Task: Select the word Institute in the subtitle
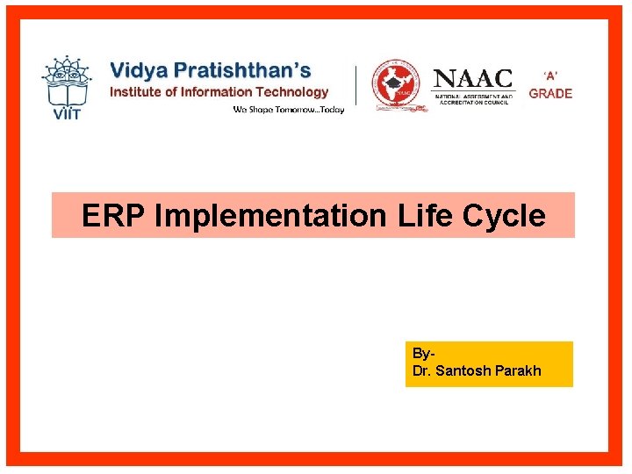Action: point(136,91)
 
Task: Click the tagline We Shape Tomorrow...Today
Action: point(288,110)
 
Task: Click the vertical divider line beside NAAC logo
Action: point(355,88)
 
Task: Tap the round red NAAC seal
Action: point(394,86)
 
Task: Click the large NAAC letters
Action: point(474,78)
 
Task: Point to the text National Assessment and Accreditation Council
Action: point(474,98)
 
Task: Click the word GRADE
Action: point(550,94)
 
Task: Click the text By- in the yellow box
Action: point(423,354)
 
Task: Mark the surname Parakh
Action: point(518,370)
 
